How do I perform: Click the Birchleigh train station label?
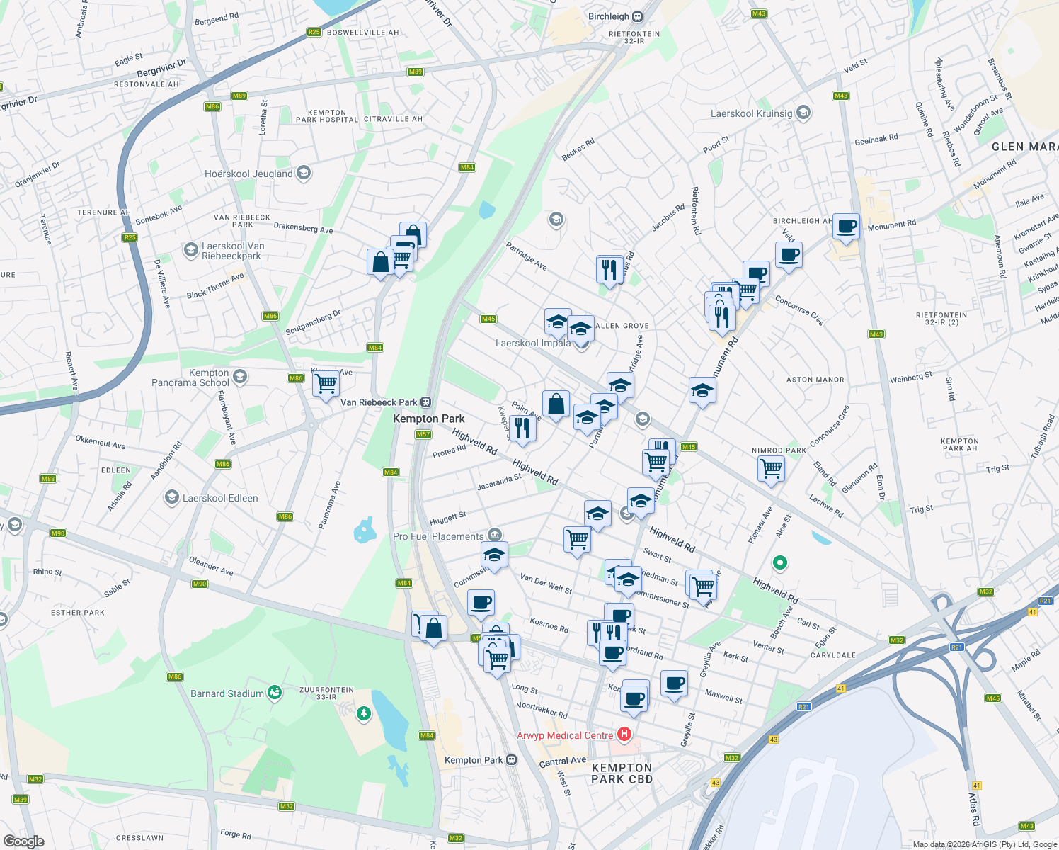point(609,16)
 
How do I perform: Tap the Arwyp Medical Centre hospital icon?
point(624,735)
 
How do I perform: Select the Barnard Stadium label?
point(227,693)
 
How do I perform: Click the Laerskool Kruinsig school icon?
point(803,113)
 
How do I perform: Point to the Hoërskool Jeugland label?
point(248,174)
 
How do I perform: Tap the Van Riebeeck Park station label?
point(379,402)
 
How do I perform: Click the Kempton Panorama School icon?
point(240,376)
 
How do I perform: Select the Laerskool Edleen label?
point(220,498)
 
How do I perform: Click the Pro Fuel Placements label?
point(438,536)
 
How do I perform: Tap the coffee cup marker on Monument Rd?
point(846,227)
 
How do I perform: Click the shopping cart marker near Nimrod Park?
point(770,468)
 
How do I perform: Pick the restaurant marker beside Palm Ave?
point(522,429)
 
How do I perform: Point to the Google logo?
point(23,841)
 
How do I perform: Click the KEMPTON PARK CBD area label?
point(622,773)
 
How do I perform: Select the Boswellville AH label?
point(363,33)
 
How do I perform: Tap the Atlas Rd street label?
point(973,808)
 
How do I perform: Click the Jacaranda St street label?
point(499,482)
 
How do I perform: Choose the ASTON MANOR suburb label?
point(815,380)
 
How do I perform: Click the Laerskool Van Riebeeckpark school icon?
point(190,249)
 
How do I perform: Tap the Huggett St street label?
point(447,518)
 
